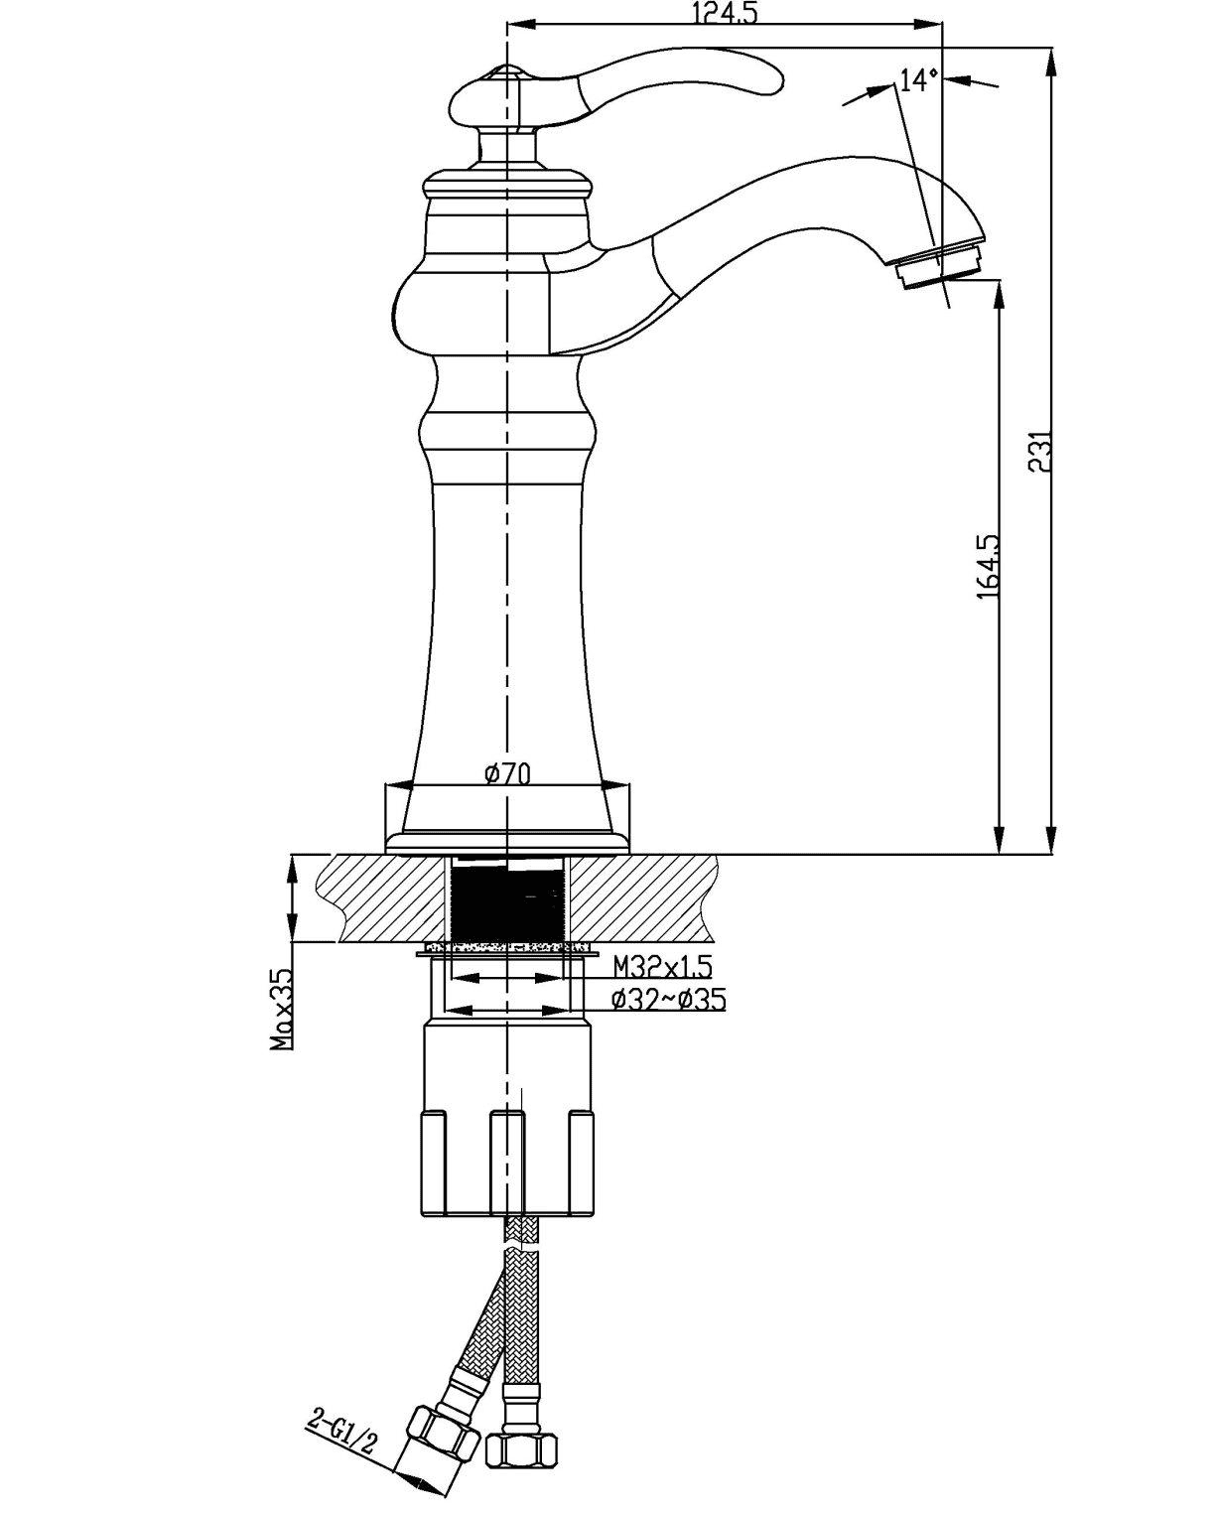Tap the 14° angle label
(x=917, y=79)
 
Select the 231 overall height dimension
(x=1039, y=452)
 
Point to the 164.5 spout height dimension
(x=988, y=566)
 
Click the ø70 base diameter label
(x=507, y=773)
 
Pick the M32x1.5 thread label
(x=662, y=965)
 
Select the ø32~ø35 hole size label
(x=667, y=1000)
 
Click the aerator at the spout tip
(x=938, y=267)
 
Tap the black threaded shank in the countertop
(x=507, y=898)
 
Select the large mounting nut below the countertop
(x=507, y=1122)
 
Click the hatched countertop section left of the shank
(x=387, y=898)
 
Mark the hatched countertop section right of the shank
(x=640, y=898)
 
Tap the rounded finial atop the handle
(x=506, y=73)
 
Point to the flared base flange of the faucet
(x=507, y=829)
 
